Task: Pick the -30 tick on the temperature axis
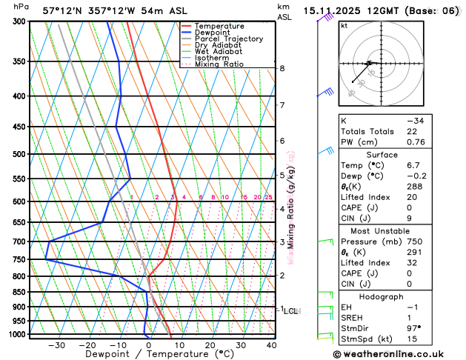point(57,345)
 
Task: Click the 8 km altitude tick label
point(282,68)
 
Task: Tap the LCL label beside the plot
point(290,311)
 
